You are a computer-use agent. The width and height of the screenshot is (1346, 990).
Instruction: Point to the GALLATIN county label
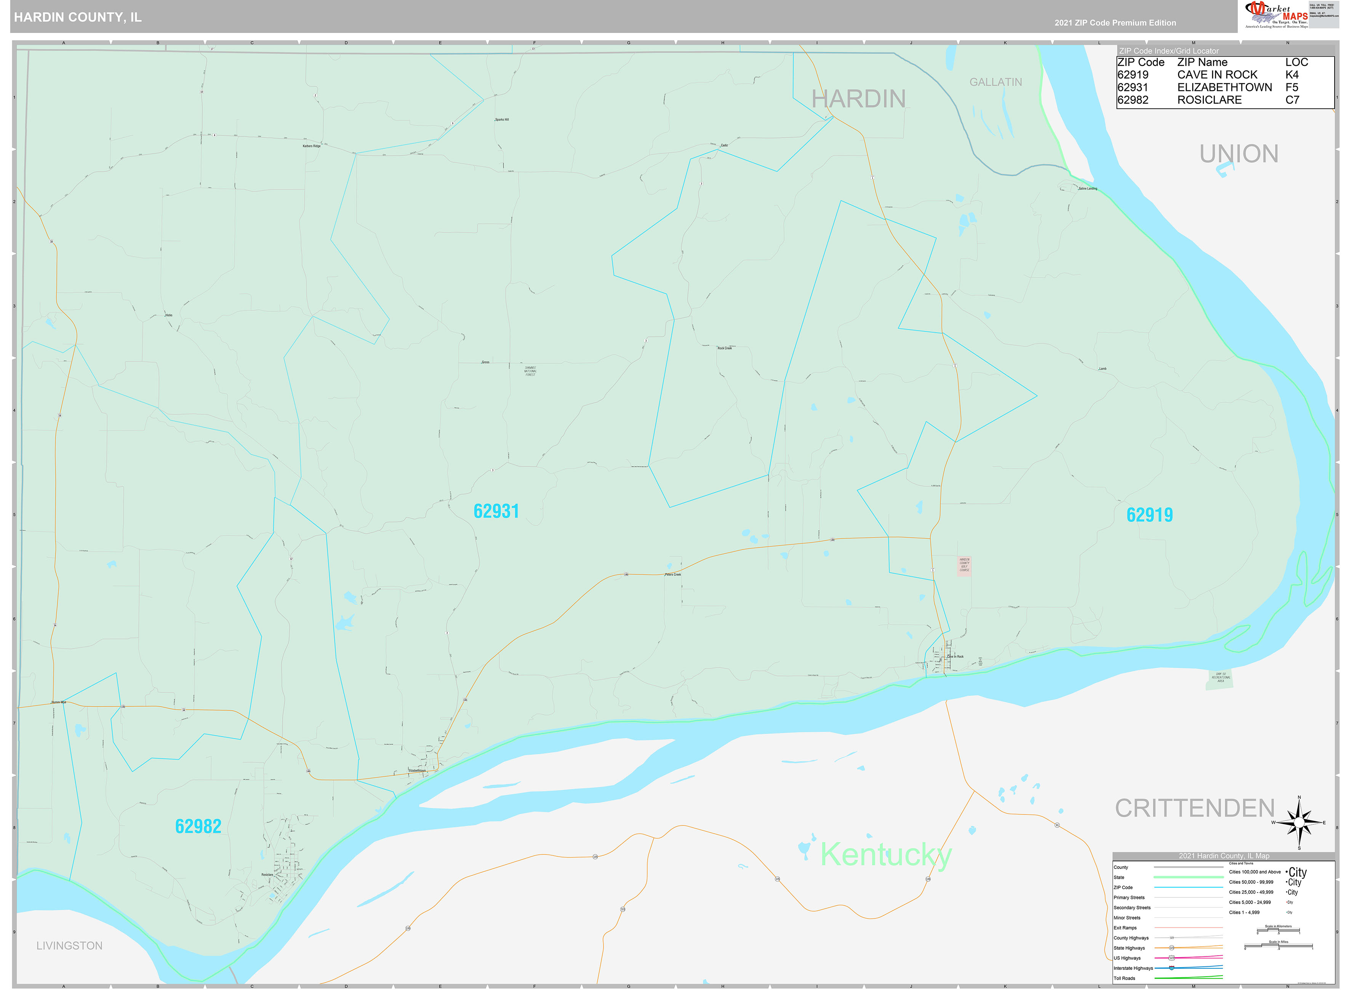[x=995, y=82]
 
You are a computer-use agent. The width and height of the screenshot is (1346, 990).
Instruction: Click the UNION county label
[x=1238, y=154]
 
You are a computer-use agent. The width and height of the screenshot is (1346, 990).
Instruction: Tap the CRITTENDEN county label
[x=1194, y=808]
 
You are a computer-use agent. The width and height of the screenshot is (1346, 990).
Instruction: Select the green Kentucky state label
[x=885, y=854]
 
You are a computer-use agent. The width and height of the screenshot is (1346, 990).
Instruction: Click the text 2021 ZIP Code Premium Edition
[x=1115, y=23]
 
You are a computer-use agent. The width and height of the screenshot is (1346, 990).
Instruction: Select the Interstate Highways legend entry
[x=1133, y=968]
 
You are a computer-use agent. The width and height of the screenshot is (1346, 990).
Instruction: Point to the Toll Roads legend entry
[x=1124, y=978]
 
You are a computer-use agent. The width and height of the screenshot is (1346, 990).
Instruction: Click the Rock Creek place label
[x=724, y=348]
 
